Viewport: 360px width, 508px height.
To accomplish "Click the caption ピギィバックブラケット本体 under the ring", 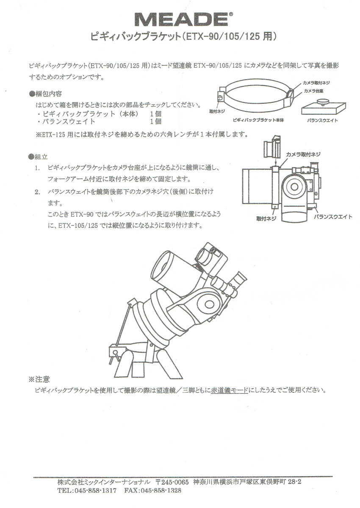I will click(258, 121).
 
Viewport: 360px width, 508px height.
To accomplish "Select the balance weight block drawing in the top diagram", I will click(322, 107).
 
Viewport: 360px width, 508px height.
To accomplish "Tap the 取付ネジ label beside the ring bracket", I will click(217, 110).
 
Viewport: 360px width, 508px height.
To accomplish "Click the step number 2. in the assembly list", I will click(38, 192).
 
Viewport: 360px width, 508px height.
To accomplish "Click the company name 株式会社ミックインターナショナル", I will click(104, 482).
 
